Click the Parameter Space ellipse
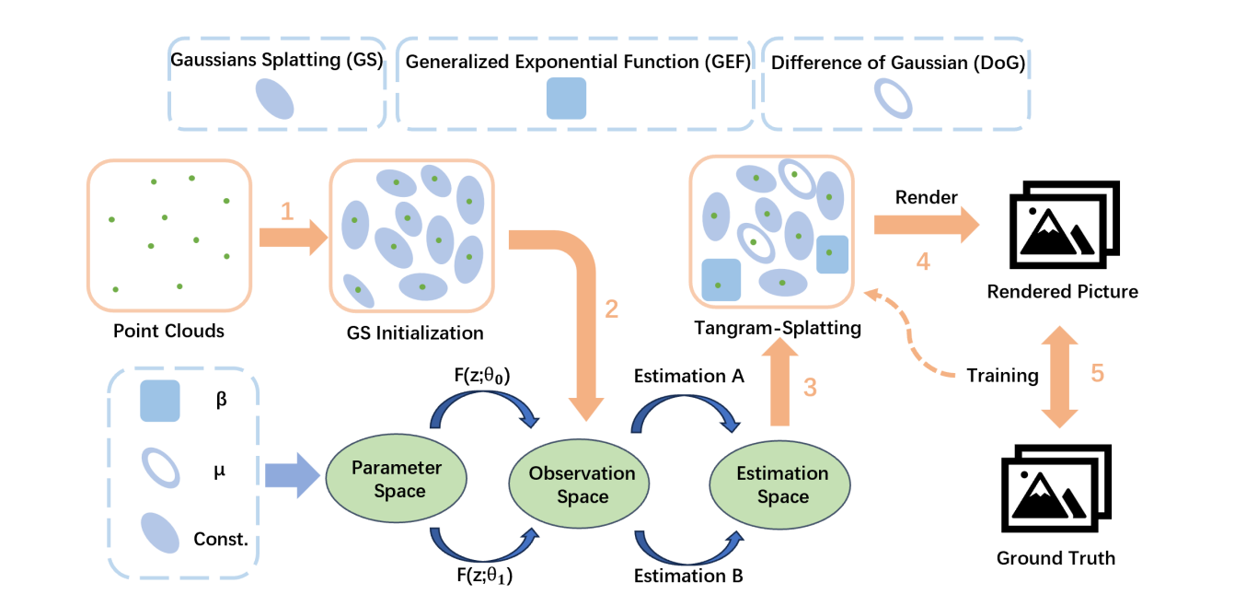tap(396, 479)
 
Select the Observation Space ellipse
tap(582, 485)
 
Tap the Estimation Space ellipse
tap(782, 485)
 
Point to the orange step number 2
tap(612, 309)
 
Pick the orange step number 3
tap(810, 388)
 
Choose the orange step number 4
tap(923, 262)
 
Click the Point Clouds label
tap(168, 331)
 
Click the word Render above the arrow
tap(926, 198)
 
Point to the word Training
tap(1002, 375)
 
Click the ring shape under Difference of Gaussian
tap(893, 98)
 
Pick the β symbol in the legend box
tap(220, 402)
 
